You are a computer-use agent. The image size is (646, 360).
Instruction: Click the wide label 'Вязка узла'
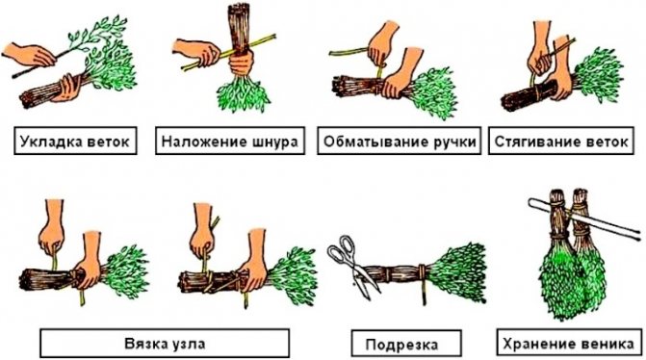[164, 343]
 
